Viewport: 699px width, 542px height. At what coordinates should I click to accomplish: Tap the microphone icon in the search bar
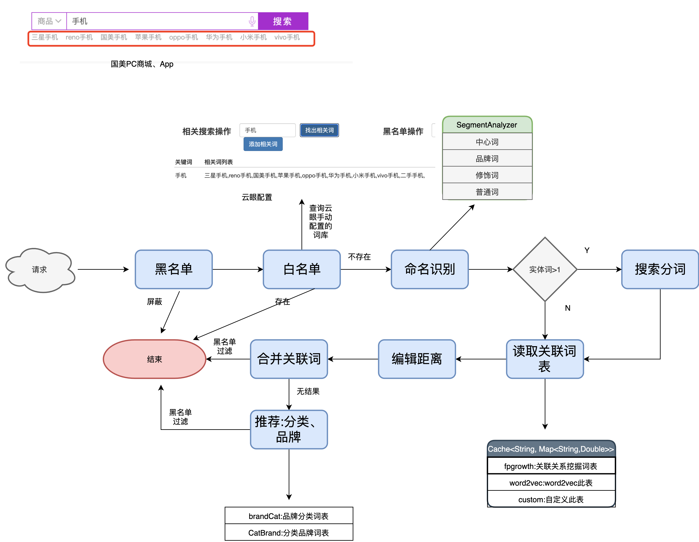coord(252,21)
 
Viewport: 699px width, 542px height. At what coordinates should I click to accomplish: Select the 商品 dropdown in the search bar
coord(49,21)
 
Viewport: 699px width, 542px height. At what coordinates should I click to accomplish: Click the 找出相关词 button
coord(319,130)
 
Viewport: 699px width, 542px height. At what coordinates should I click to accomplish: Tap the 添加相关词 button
coord(263,144)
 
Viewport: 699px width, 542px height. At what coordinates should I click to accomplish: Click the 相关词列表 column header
coord(218,162)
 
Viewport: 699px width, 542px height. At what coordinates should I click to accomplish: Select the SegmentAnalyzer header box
coord(487,125)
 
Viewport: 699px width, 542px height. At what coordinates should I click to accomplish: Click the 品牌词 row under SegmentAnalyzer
coord(487,158)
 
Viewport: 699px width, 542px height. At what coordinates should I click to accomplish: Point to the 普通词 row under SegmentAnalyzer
coord(487,192)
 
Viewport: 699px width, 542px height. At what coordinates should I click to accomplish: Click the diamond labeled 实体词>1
coord(545,270)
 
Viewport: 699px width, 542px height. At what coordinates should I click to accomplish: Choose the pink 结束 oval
coord(154,359)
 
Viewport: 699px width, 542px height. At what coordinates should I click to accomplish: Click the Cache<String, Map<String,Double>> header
coord(551,449)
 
